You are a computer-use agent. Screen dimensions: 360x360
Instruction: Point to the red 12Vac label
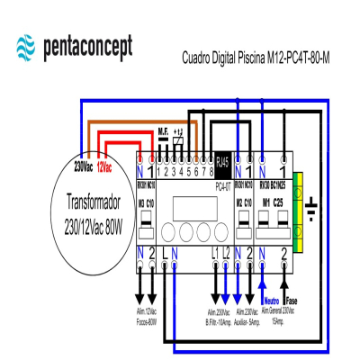[104, 167]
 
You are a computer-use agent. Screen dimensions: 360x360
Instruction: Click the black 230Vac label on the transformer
[84, 167]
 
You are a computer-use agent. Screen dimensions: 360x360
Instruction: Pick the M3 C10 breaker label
[148, 202]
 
